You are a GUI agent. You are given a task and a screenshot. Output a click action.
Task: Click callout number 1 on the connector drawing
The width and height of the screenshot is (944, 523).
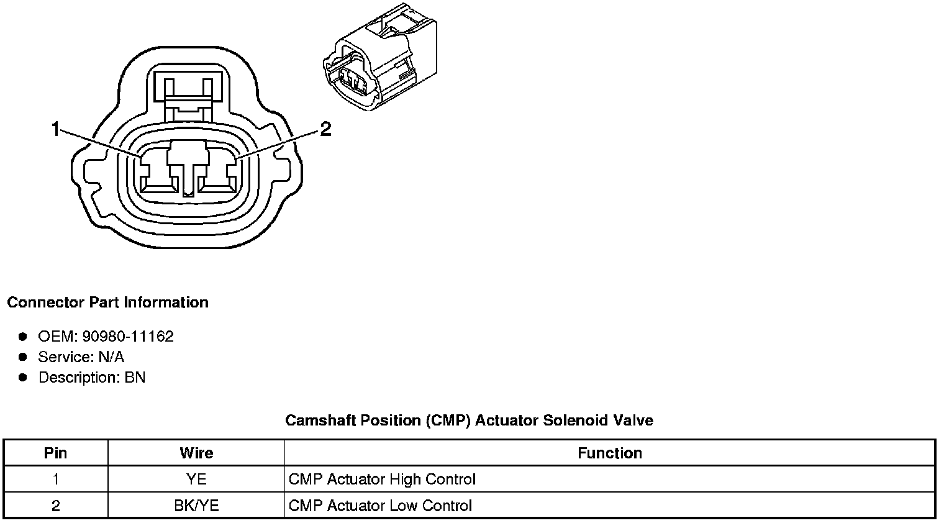[55, 129]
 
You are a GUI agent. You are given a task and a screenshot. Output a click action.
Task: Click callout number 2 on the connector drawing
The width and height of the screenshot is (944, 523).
[325, 129]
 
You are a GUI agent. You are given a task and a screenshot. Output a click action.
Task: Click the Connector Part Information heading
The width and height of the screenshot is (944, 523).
[107, 302]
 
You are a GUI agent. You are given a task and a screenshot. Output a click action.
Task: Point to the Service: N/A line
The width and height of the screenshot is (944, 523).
[81, 357]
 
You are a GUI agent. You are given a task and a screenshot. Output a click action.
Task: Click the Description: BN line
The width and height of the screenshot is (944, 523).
[91, 378]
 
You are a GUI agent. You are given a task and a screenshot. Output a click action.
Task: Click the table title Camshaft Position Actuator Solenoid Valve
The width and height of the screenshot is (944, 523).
[469, 421]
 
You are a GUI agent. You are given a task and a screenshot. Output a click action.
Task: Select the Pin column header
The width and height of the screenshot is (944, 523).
[56, 453]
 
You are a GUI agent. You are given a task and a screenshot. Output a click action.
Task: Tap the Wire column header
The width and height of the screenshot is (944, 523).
[196, 453]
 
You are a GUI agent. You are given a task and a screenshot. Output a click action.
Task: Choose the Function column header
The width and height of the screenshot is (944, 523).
[609, 453]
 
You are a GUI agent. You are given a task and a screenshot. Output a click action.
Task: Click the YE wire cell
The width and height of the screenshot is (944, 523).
[196, 480]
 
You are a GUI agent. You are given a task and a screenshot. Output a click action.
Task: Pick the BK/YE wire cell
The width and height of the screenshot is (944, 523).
[196, 506]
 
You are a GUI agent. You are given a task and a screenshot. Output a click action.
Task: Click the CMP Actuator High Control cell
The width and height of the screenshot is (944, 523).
[382, 480]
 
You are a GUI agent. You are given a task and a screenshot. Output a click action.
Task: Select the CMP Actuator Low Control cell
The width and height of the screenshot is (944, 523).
[380, 506]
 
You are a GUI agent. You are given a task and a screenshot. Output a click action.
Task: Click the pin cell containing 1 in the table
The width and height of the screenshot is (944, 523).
[56, 480]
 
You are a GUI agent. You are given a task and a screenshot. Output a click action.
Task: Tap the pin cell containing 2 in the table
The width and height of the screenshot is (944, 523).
[56, 506]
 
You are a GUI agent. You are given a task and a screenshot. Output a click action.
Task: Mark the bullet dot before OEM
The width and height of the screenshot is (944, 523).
[23, 337]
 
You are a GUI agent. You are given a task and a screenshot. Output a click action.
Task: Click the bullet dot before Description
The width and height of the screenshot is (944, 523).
[23, 378]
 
